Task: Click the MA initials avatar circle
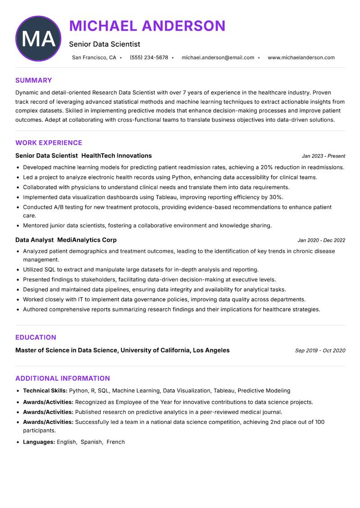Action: click(x=38, y=39)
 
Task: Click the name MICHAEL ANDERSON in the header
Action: click(x=147, y=26)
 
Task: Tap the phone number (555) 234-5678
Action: click(x=148, y=58)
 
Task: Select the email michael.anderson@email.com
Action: click(x=218, y=58)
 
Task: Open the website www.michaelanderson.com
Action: click(x=301, y=58)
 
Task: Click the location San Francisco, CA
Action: click(x=94, y=58)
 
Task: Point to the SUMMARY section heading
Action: click(x=33, y=80)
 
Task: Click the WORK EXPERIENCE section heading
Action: click(x=49, y=143)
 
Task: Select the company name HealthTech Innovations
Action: click(x=117, y=156)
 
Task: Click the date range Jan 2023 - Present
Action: click(x=323, y=156)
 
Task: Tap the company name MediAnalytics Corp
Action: click(x=87, y=240)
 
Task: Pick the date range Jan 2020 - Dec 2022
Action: click(x=321, y=241)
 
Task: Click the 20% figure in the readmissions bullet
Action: click(x=266, y=167)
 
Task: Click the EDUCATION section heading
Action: click(x=36, y=338)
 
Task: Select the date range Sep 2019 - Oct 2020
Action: click(x=320, y=351)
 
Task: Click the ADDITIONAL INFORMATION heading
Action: click(x=63, y=379)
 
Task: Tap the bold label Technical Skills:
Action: click(x=45, y=391)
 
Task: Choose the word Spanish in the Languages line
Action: click(x=91, y=442)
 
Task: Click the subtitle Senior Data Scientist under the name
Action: click(x=104, y=44)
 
